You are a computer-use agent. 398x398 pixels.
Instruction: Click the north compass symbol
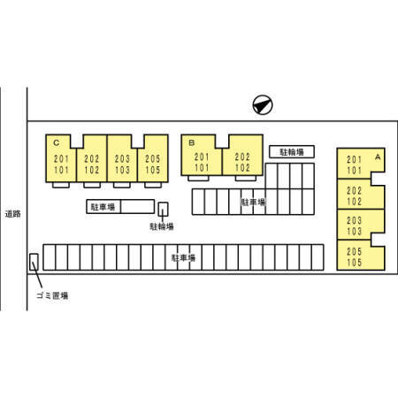pyautogui.click(x=263, y=104)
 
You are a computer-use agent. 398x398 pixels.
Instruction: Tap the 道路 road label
pyautogui.click(x=13, y=214)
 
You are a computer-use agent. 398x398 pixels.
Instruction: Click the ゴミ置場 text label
pyautogui.click(x=52, y=295)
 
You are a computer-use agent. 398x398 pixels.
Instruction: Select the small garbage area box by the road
pyautogui.click(x=34, y=262)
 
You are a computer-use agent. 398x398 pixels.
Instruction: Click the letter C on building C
pyautogui.click(x=57, y=143)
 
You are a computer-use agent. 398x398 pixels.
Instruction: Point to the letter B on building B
pyautogui.click(x=192, y=142)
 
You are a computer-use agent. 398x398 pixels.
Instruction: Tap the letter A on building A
pyautogui.click(x=378, y=157)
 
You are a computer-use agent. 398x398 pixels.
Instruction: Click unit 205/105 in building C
pyautogui.click(x=153, y=158)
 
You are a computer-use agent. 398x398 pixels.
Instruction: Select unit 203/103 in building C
pyautogui.click(x=122, y=158)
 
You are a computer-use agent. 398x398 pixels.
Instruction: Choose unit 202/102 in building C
pyautogui.click(x=92, y=158)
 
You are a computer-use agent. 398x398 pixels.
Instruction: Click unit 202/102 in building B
pyautogui.click(x=242, y=156)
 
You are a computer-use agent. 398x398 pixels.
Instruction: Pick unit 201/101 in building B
pyautogui.click(x=202, y=156)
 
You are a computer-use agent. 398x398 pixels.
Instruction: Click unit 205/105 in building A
pyautogui.click(x=361, y=255)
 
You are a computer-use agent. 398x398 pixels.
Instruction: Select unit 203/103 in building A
pyautogui.click(x=361, y=225)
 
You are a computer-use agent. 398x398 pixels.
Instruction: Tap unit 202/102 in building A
pyautogui.click(x=361, y=194)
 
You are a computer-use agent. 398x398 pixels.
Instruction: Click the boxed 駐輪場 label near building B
pyautogui.click(x=292, y=152)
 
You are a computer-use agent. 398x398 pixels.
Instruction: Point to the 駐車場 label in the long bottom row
pyautogui.click(x=183, y=258)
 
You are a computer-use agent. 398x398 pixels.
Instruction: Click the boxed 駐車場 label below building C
pyautogui.click(x=103, y=207)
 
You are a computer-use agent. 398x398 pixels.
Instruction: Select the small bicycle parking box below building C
pyautogui.click(x=163, y=209)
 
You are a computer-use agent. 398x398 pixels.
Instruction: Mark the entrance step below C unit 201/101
pyautogui.click(x=61, y=185)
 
